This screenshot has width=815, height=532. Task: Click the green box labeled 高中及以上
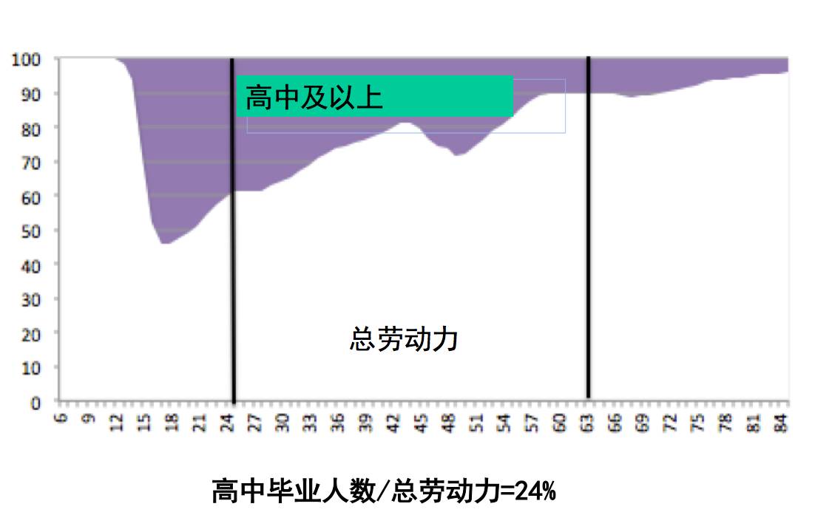374,96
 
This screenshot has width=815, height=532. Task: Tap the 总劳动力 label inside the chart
404,339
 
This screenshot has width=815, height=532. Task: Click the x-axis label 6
61,422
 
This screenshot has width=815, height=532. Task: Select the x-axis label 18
172,422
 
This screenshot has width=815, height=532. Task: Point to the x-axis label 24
228,422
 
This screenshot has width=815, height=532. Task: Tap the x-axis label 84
783,422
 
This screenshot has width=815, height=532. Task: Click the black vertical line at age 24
232,296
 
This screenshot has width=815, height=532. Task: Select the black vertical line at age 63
589,296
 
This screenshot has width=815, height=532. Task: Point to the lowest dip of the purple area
164,242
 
